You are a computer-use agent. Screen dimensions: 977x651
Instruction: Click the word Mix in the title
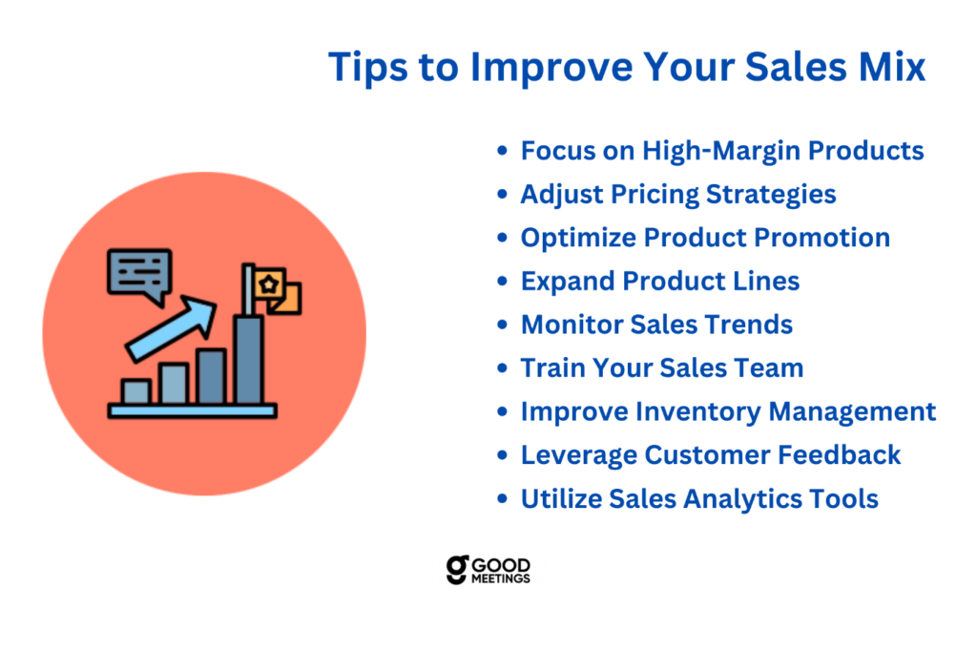[892, 66]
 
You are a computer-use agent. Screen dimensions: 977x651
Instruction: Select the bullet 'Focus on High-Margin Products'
[722, 151]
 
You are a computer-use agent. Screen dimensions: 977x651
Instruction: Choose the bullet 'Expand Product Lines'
[660, 282]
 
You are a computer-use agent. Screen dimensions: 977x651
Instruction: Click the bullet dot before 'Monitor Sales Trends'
[502, 325]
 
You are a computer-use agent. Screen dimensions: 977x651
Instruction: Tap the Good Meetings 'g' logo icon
[457, 569]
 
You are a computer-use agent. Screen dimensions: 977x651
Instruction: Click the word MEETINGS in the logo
[500, 578]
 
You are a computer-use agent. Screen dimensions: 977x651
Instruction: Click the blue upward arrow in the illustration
[171, 328]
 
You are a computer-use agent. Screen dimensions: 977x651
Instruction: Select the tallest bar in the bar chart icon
[249, 360]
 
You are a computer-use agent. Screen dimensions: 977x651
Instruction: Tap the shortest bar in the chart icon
[135, 391]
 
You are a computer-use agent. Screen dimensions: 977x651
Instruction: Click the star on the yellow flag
[268, 285]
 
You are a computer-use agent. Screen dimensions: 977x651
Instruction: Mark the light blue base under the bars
[193, 410]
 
